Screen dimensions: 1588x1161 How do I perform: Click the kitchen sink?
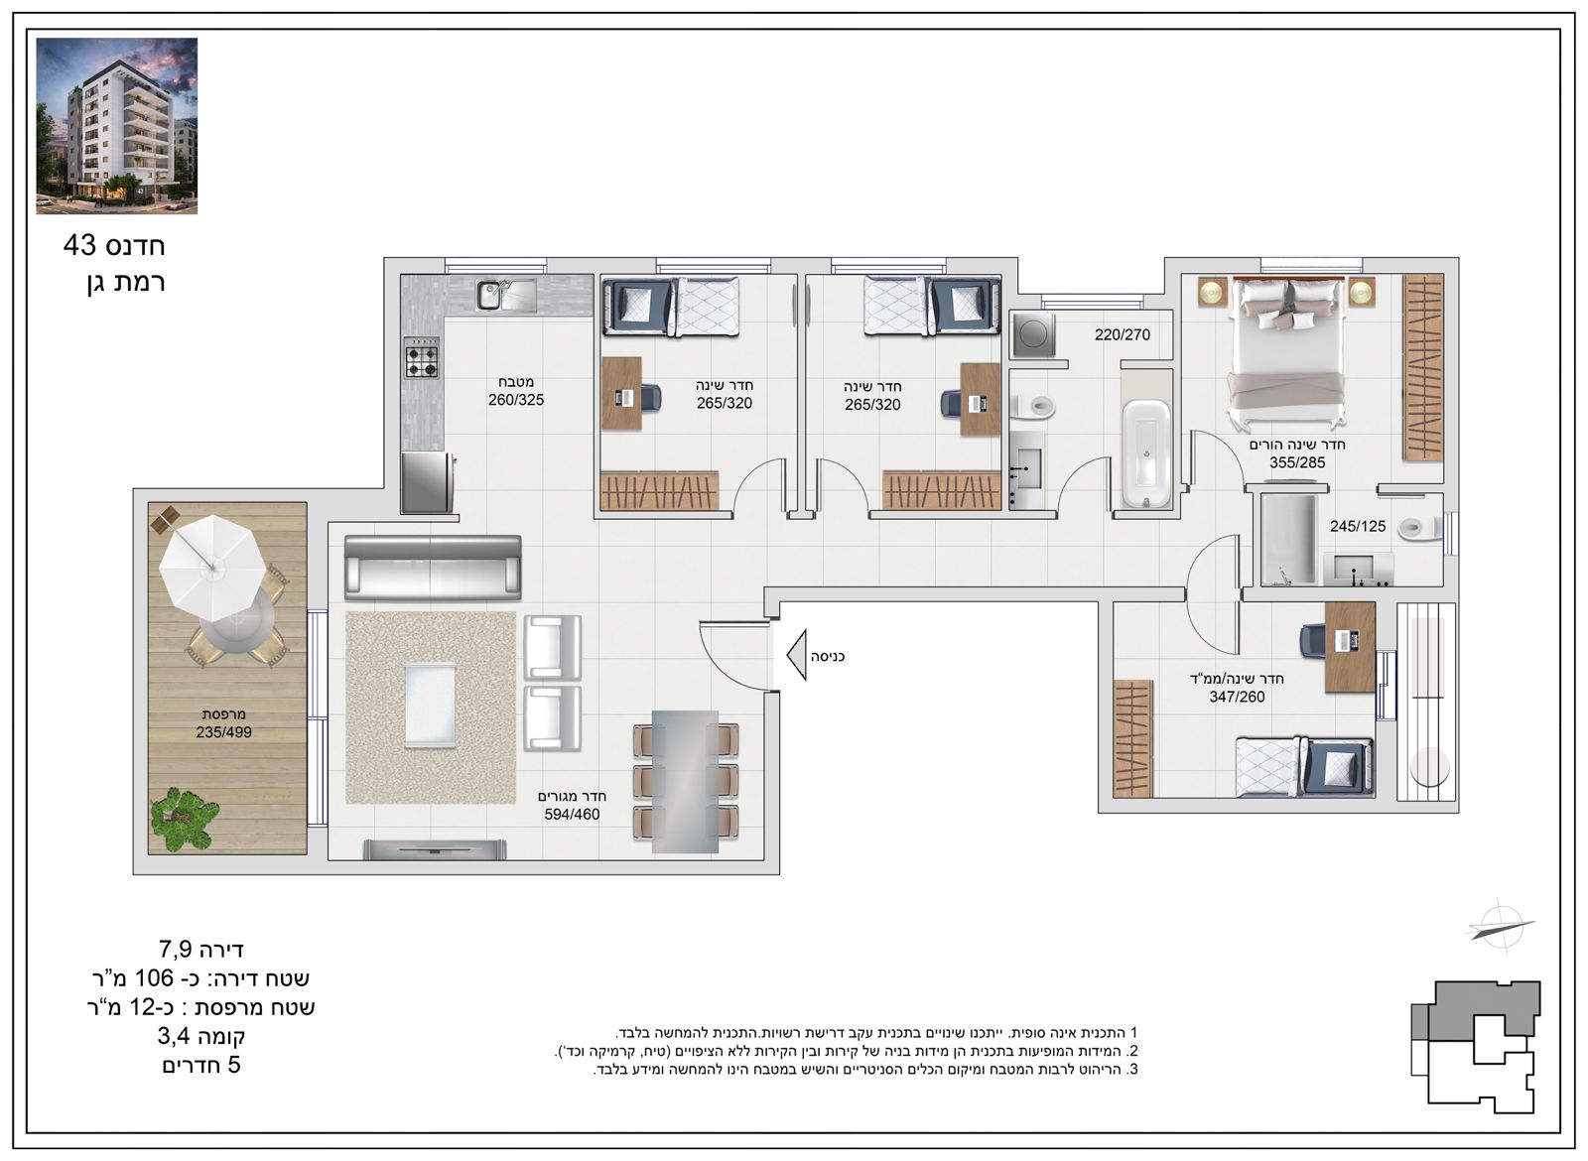pyautogui.click(x=506, y=295)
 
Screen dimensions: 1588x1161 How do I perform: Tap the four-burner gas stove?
pyautogui.click(x=422, y=358)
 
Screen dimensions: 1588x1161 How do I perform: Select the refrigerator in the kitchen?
pyautogui.click(x=428, y=482)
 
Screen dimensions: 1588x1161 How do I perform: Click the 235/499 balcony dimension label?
pyautogui.click(x=224, y=732)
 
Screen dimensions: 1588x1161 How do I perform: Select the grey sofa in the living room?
pyautogui.click(x=433, y=568)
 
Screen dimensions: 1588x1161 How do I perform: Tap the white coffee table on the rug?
pyautogui.click(x=430, y=706)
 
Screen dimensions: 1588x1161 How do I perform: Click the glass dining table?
pyautogui.click(x=686, y=781)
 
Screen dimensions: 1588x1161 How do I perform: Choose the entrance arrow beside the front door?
pyautogui.click(x=797, y=656)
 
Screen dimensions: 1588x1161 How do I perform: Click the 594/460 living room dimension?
pyautogui.click(x=572, y=815)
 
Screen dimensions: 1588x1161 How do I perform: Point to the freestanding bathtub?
pyautogui.click(x=1147, y=454)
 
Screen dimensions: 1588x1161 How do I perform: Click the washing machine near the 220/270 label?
pyautogui.click(x=1033, y=334)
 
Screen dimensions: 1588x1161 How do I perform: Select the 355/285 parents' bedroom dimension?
pyautogui.click(x=1297, y=462)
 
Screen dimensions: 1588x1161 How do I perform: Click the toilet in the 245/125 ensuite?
pyautogui.click(x=1419, y=528)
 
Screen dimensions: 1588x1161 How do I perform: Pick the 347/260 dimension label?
pyautogui.click(x=1237, y=697)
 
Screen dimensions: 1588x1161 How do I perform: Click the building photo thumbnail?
pyautogui.click(x=117, y=126)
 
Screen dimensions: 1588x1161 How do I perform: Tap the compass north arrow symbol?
pyautogui.click(x=1501, y=928)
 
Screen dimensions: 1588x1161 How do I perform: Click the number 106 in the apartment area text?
pyautogui.click(x=154, y=978)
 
